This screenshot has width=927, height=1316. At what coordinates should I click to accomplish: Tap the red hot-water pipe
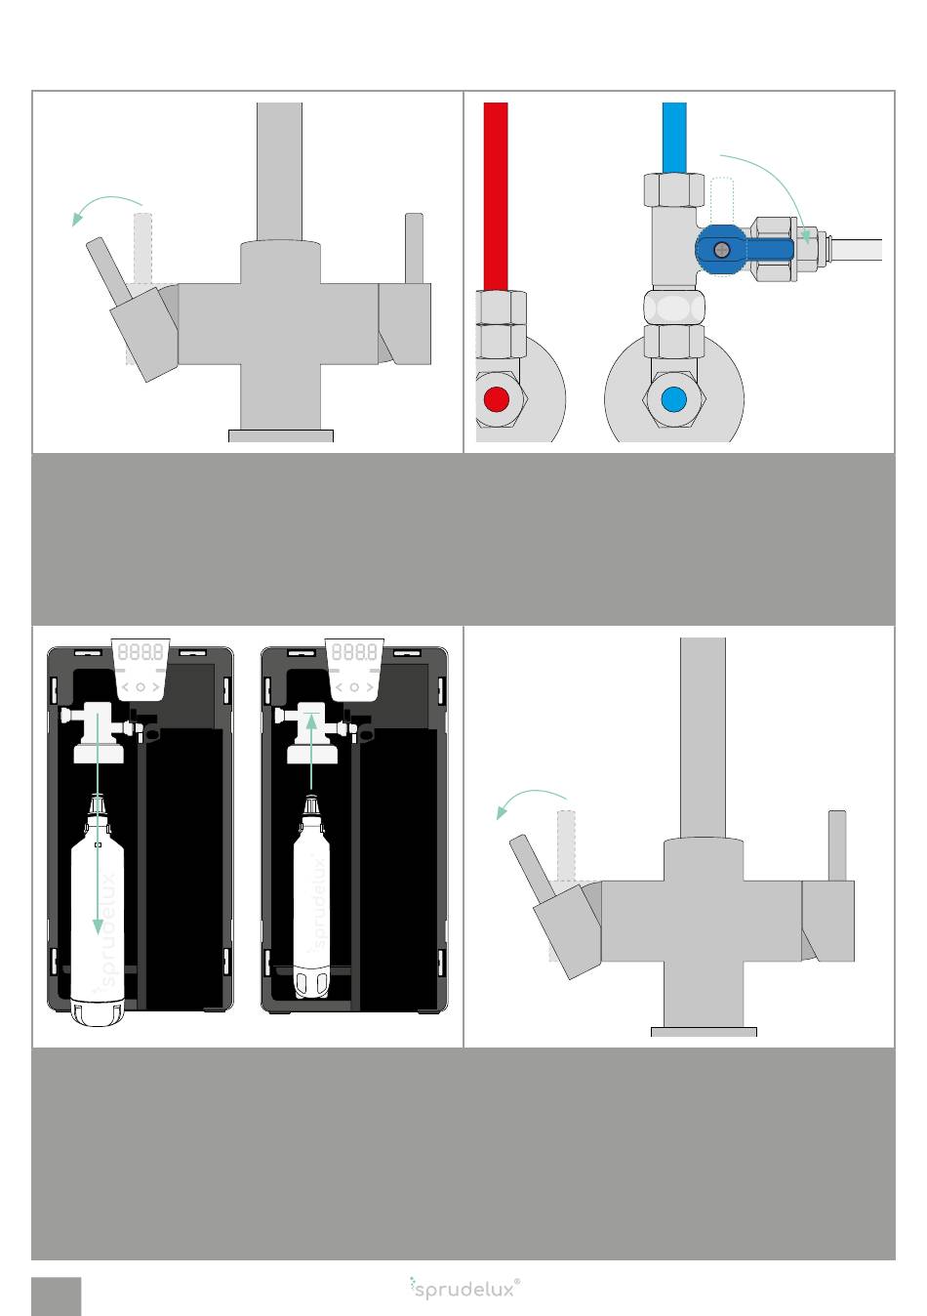[x=496, y=196]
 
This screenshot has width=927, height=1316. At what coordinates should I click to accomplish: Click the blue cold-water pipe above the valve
[x=674, y=138]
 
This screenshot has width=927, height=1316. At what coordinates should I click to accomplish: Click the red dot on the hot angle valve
[x=496, y=399]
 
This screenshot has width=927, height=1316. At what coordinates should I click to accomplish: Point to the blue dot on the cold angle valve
[x=673, y=399]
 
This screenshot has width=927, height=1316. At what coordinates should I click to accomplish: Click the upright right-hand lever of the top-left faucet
[x=414, y=249]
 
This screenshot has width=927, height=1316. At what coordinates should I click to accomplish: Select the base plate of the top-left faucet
[x=281, y=435]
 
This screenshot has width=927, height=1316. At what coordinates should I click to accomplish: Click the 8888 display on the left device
[x=141, y=651]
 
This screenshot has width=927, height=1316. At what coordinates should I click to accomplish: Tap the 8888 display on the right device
[x=354, y=651]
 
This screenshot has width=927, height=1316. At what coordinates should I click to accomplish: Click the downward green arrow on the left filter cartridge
[x=98, y=822]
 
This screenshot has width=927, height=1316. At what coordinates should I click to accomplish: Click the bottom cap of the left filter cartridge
[x=98, y=1012]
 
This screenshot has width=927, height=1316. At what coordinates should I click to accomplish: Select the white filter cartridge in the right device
[x=311, y=895]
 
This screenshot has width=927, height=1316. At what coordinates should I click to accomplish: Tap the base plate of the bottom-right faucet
[x=704, y=1031]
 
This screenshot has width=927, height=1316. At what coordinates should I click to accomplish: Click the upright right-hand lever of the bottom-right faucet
[x=837, y=845]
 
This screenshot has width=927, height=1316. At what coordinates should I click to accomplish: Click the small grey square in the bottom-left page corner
[x=57, y=1296]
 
